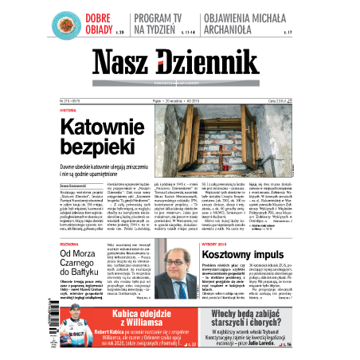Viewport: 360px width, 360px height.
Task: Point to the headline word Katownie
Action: [102, 127]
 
